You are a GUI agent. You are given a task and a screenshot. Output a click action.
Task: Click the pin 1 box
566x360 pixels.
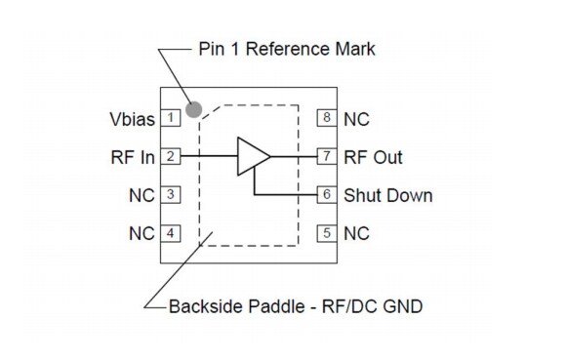pos(171,119)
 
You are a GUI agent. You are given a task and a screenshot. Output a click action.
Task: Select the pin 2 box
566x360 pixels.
pos(171,156)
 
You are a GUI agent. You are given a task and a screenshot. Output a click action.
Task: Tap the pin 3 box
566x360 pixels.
pos(171,195)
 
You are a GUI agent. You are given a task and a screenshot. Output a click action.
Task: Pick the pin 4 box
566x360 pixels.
pos(171,233)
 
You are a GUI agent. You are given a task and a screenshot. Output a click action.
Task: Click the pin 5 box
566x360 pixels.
pos(328,233)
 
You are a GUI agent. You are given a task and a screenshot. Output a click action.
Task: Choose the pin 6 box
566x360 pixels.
pos(328,195)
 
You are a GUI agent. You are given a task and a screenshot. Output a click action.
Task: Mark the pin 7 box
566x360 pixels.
pos(328,156)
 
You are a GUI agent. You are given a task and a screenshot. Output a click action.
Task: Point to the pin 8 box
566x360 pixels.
pos(328,119)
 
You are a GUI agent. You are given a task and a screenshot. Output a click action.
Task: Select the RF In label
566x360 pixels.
pos(133,157)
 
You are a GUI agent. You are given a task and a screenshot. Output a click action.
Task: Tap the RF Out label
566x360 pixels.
pos(373,157)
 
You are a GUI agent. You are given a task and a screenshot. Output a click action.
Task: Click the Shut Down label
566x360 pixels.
pos(387,195)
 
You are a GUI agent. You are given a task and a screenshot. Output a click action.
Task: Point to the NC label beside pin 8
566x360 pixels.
pos(356,119)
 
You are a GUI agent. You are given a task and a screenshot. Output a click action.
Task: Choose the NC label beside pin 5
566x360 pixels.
pos(356,233)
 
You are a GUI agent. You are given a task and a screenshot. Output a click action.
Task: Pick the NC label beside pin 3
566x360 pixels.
pos(141,195)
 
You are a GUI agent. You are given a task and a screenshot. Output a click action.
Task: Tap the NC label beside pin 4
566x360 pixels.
pos(141,233)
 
